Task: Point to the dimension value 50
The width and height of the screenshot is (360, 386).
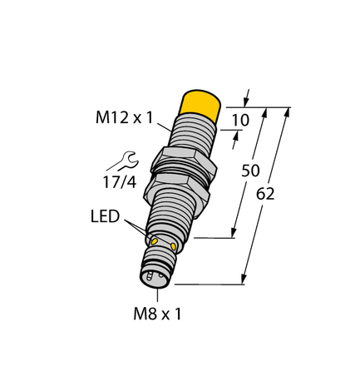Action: point(249,171)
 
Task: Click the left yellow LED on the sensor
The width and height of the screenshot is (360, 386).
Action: point(152,239)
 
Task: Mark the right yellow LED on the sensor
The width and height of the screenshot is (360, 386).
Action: point(174,246)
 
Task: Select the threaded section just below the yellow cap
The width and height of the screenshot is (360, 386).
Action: point(194,133)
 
